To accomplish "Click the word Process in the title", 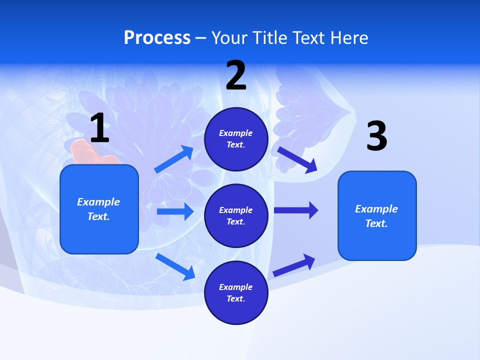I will [157, 37].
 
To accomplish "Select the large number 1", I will [99, 128].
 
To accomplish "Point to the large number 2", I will [236, 75].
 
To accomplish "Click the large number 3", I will [376, 136].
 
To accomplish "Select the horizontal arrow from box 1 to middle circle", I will [175, 211].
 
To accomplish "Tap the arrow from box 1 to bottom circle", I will [175, 266].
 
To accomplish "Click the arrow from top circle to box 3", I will [297, 160].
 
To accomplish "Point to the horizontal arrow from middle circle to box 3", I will [296, 210].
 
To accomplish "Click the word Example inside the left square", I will [98, 202].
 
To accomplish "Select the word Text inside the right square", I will [376, 223].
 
